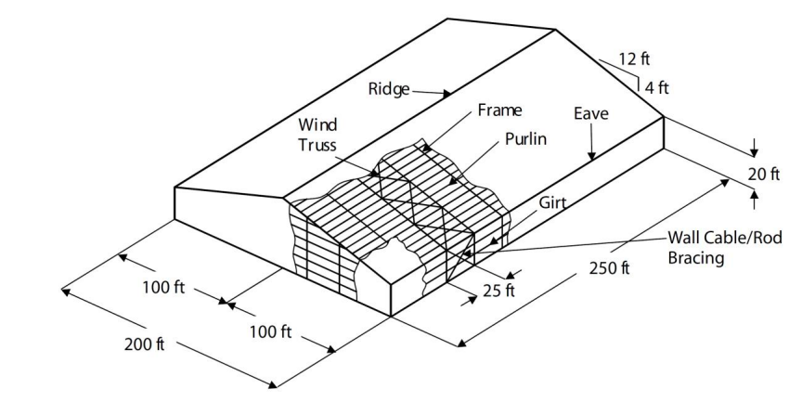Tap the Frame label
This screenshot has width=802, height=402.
click(499, 110)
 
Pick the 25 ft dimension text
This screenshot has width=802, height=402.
click(497, 291)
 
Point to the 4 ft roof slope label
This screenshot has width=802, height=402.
click(656, 88)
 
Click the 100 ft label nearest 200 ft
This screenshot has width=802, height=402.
click(164, 287)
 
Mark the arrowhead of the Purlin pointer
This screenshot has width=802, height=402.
click(452, 183)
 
